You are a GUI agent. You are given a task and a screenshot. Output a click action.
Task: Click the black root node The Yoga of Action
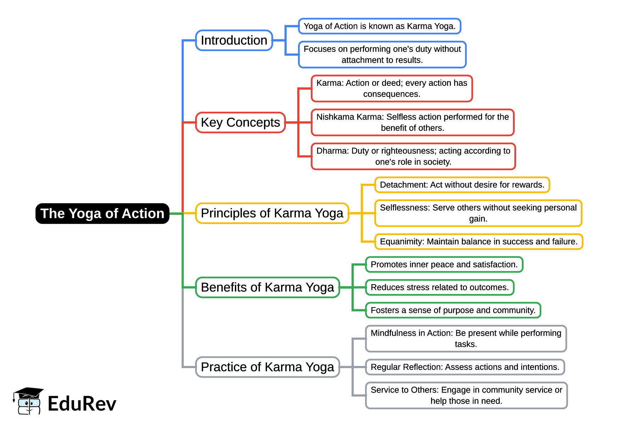click(102, 213)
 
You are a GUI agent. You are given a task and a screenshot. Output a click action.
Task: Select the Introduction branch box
click(234, 40)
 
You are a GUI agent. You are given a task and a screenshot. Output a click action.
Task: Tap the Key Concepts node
click(240, 122)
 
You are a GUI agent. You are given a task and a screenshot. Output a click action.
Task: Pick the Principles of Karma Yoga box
click(272, 213)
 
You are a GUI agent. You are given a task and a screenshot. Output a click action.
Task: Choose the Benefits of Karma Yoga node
click(267, 287)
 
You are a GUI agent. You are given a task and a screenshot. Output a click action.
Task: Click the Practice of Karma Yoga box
click(267, 367)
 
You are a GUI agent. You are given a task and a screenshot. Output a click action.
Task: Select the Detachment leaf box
click(462, 185)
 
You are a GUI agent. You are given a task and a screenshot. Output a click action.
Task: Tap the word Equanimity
click(402, 242)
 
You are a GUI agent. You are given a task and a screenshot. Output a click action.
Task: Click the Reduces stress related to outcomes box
click(440, 287)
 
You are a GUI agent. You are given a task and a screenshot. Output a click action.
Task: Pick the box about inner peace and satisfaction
click(444, 265)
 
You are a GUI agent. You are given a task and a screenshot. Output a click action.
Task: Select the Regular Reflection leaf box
click(465, 367)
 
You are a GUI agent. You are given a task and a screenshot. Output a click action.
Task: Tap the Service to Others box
click(466, 395)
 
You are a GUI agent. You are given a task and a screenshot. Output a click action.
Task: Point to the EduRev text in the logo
click(82, 404)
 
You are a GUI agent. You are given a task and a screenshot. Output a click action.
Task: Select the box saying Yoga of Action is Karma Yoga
click(379, 26)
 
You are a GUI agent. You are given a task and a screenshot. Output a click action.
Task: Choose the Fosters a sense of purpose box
click(453, 310)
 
